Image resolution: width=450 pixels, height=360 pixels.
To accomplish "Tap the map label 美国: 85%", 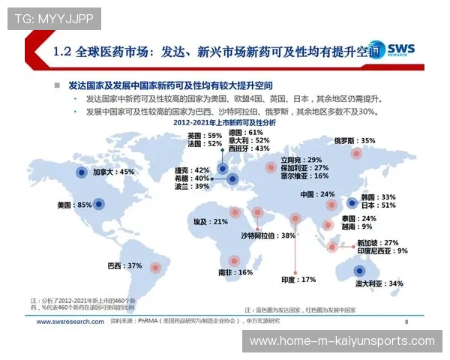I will pos(74,205).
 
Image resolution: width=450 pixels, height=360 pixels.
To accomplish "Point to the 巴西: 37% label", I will pos(124,265).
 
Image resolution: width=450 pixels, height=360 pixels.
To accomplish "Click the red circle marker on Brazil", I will pos(156,265).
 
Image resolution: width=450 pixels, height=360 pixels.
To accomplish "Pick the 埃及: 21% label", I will pos(211,222).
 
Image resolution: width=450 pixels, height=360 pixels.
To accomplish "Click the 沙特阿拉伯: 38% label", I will pos(268,235).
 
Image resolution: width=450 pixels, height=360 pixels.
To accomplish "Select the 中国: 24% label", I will pos(317,194).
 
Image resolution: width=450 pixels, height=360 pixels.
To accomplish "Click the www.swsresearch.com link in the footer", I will pos(69,322).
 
